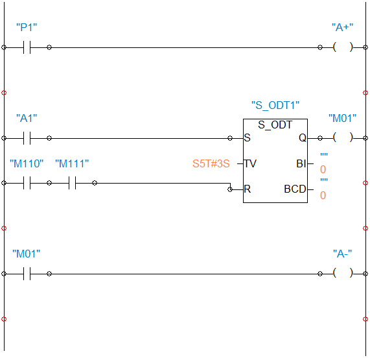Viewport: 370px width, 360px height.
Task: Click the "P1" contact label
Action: coord(27,27)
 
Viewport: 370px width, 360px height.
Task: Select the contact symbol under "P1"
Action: coord(27,47)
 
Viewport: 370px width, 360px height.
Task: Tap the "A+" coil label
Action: coord(342,27)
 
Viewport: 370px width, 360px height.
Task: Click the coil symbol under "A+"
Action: coord(343,47)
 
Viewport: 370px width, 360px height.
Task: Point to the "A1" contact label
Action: coord(27,118)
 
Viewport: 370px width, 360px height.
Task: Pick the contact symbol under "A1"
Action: coord(27,138)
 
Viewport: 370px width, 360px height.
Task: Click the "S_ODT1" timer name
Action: coord(275,105)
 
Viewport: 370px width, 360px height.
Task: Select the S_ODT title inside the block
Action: coord(275,125)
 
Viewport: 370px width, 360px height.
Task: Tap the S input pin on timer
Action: coord(247,138)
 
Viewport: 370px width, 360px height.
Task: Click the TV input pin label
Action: coord(250,163)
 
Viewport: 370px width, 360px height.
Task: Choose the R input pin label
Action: coord(248,189)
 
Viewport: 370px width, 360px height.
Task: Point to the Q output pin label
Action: coord(303,138)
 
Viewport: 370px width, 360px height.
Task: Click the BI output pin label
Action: coord(301,163)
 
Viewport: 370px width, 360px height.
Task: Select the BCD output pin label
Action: coord(295,189)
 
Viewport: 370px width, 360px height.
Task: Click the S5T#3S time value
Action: coord(211,163)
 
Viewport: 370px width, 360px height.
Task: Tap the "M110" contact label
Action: coord(27,163)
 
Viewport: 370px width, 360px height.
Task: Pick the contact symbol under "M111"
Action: coord(72,183)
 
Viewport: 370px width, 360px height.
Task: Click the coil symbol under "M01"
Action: coord(343,138)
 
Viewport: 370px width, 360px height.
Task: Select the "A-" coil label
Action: coord(342,254)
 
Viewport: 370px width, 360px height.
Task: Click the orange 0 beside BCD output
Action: coord(323,195)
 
